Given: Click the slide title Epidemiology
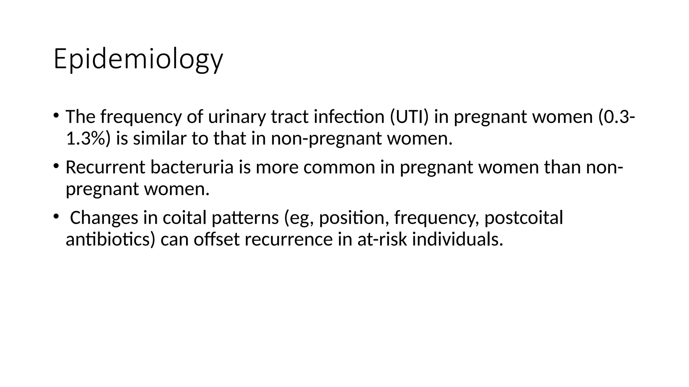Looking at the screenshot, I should [x=138, y=59].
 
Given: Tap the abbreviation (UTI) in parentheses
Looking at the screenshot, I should [x=409, y=117].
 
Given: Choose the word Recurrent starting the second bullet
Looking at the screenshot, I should [x=105, y=167].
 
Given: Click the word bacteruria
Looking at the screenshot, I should [x=192, y=167].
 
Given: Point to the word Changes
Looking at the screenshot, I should [x=104, y=217].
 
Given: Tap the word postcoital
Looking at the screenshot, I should [x=523, y=217].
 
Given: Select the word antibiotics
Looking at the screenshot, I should [x=110, y=239].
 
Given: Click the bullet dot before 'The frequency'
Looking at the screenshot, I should [x=56, y=115].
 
